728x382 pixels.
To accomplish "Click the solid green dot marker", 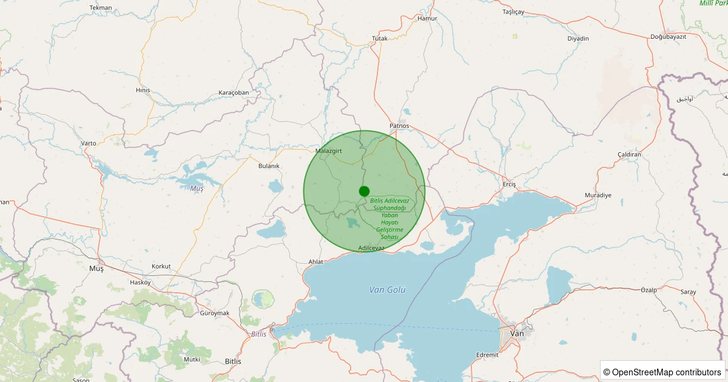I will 364,191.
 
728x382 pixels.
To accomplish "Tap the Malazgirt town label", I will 330,150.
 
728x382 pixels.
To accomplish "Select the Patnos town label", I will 400,126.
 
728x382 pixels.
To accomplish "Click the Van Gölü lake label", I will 387,290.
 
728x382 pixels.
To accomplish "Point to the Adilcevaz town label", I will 371,248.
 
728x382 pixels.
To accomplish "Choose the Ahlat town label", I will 316,262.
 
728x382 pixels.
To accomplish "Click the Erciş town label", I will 510,184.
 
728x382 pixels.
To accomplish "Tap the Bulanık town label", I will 269,166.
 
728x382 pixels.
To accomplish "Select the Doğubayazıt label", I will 668,37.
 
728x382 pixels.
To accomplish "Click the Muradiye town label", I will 598,195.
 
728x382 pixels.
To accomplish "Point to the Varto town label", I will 89,143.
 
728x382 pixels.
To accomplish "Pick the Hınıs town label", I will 143,90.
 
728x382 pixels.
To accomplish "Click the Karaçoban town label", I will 234,93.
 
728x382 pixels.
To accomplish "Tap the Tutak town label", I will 380,39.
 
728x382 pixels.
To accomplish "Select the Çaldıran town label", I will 629,155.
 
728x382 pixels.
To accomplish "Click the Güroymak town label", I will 215,313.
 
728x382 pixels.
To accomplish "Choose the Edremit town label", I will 487,355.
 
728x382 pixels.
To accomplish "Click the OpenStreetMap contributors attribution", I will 662,372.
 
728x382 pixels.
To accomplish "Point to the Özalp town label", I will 649,290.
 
